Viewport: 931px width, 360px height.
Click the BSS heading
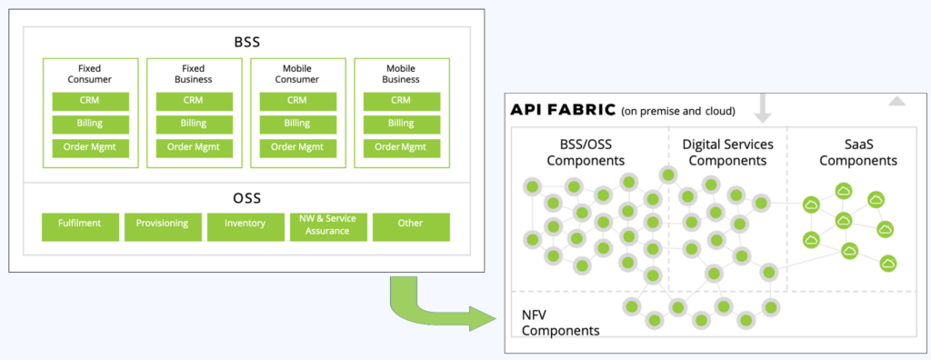point(246,42)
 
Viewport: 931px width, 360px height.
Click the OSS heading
point(246,198)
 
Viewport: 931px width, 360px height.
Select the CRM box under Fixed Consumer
point(90,101)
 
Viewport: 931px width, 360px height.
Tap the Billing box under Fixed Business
point(194,124)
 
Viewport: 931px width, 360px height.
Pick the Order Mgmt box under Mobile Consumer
point(297,146)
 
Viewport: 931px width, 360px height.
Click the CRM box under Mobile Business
point(401,101)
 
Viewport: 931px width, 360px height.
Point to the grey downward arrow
point(763,106)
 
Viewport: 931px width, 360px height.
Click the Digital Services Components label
point(727,152)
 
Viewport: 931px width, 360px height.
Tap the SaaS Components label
point(857,152)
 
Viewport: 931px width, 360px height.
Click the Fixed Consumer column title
point(90,74)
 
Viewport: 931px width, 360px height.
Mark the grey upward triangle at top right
point(896,101)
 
